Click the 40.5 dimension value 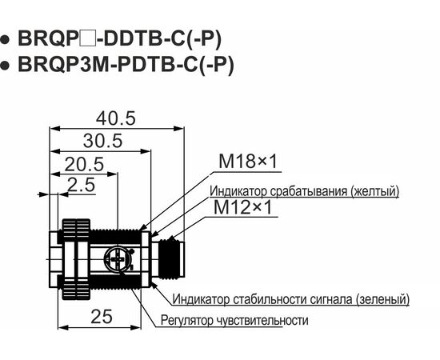pos(116,118)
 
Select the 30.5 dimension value pos(102,141)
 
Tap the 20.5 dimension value pos(84,164)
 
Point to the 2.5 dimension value pos(82,185)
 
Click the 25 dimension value pos(102,317)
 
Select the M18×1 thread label pos(248,162)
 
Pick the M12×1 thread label pos(243,208)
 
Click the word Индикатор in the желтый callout pos(239,191)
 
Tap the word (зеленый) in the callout pos(382,299)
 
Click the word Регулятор pos(187,320)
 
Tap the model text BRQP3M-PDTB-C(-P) pos(126,65)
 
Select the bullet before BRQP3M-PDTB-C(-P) pos(5,65)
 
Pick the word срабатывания pos(310,191)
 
